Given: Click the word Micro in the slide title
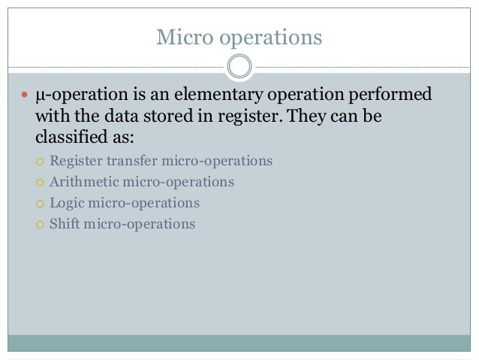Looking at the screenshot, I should click(179, 37).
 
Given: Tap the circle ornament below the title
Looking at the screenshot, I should click(239, 68).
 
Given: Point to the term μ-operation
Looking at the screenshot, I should click(75, 97).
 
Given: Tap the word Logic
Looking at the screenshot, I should click(65, 203).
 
